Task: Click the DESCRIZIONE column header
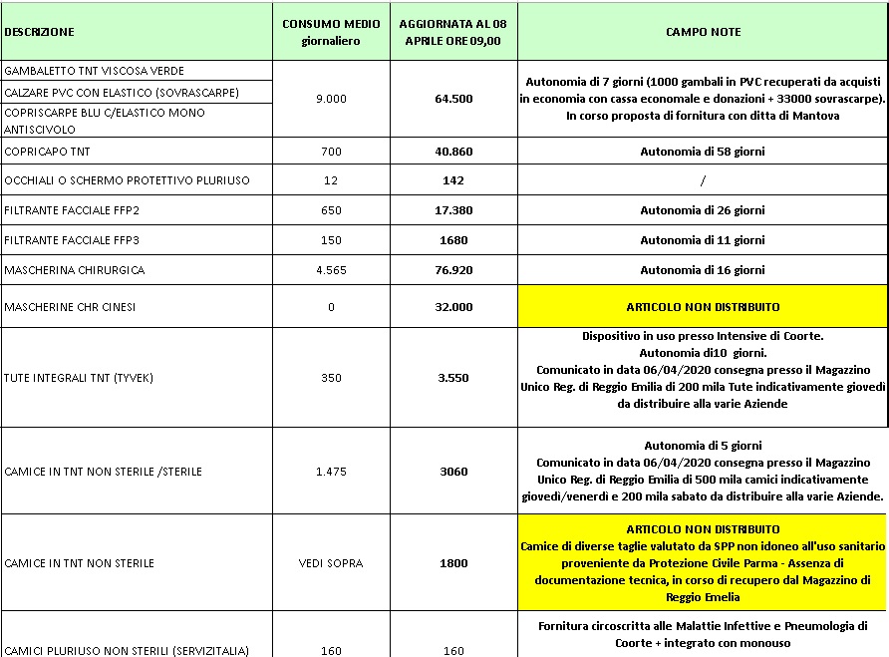[x=40, y=32]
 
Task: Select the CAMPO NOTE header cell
[x=703, y=32]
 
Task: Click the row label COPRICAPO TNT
[x=45, y=152]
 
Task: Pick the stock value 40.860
[x=452, y=152]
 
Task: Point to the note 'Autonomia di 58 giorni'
[x=703, y=152]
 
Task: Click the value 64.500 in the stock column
[x=452, y=99]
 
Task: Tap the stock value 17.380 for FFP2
[x=452, y=210]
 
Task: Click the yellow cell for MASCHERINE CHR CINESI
[x=703, y=306]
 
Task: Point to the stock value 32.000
[x=452, y=307]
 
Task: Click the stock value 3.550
[x=452, y=378]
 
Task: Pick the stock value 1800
[x=452, y=563]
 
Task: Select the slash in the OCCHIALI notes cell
[x=703, y=180]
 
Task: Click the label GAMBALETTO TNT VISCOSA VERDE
[x=95, y=71]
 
